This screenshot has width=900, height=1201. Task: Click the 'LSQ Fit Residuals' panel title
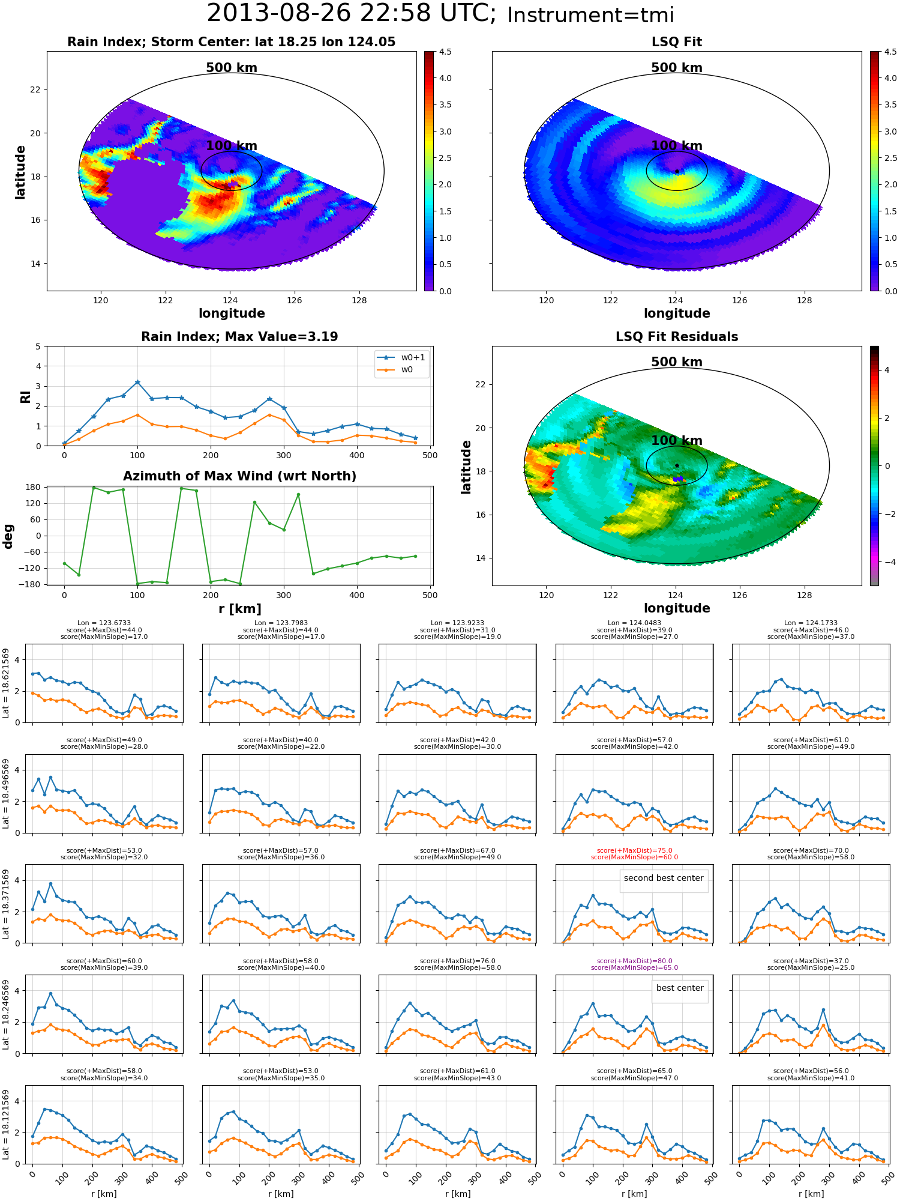click(677, 337)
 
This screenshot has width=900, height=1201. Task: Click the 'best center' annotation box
click(680, 988)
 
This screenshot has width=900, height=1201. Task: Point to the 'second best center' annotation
click(664, 878)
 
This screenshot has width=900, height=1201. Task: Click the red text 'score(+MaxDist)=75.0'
click(634, 850)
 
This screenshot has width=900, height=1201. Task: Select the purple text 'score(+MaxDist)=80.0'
click(634, 961)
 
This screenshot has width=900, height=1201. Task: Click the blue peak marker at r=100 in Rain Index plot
click(137, 382)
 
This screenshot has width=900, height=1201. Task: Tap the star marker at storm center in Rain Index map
click(232, 171)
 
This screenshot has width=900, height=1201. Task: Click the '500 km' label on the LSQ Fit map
click(677, 68)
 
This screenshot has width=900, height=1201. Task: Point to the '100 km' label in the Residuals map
click(677, 441)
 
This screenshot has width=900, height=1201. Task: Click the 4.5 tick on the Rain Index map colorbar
click(445, 52)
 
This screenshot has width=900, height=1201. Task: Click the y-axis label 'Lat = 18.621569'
click(6, 683)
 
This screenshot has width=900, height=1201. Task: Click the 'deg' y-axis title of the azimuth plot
click(8, 536)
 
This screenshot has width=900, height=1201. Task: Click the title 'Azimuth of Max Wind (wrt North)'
click(239, 476)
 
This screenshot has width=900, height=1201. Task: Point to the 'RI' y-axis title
click(25, 397)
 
